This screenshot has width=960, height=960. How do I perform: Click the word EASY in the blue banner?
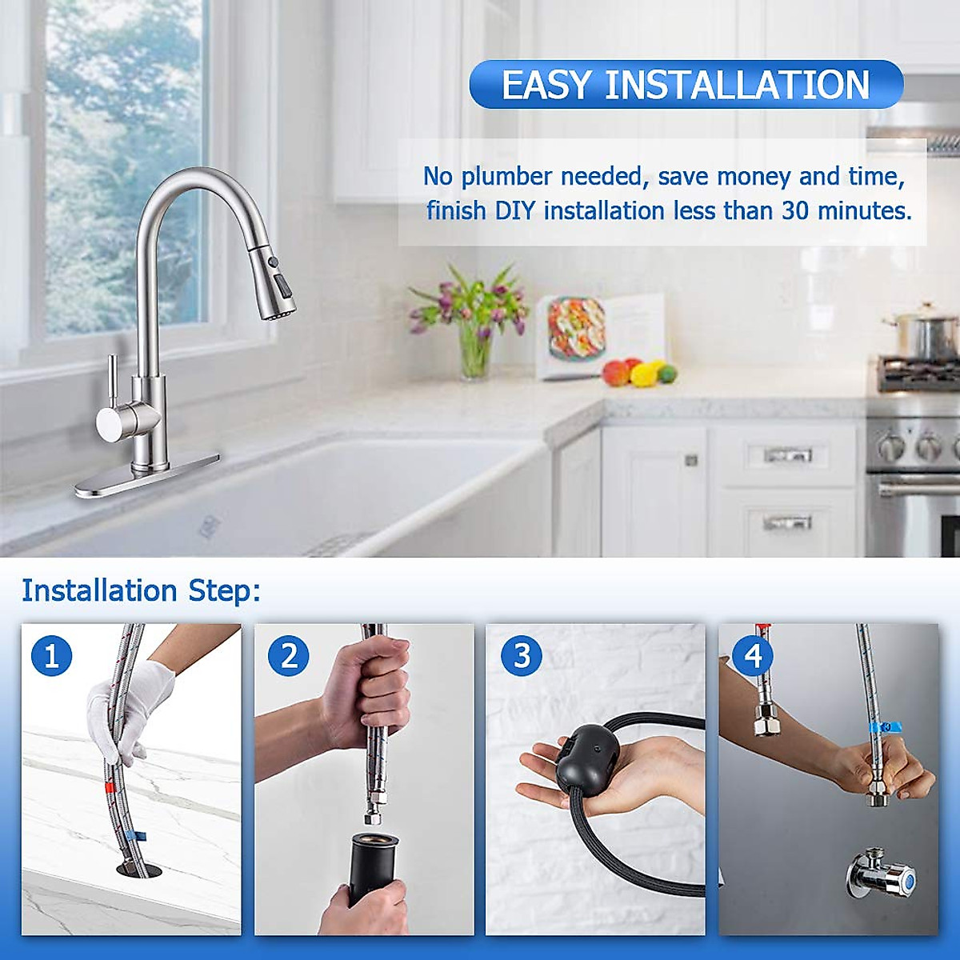pos(546,85)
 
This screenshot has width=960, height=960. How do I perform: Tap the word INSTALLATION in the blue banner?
pos(737,85)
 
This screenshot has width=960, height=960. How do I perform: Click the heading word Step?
pos(225,590)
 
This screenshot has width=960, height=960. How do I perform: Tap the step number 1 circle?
pos(52,656)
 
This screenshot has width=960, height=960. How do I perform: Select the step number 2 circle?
pos(288,656)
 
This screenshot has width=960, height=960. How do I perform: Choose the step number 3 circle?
pos(522,656)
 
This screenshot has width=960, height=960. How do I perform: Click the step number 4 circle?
pos(753,656)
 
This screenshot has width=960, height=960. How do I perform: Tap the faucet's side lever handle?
pos(112,400)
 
